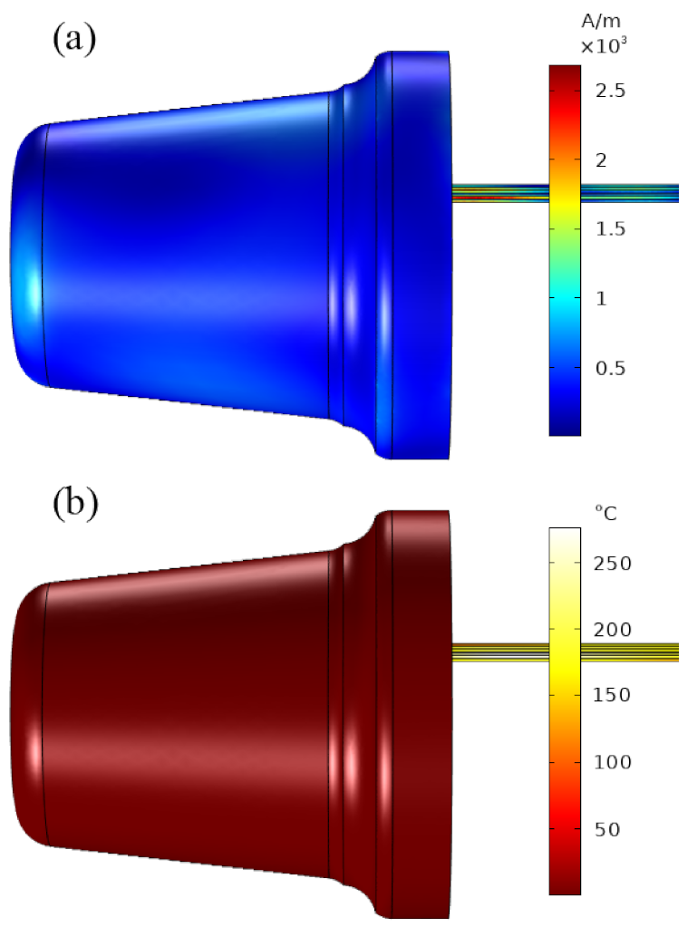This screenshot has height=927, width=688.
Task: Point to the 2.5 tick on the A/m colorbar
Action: pos(616,91)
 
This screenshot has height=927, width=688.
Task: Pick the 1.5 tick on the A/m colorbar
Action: pos(616,229)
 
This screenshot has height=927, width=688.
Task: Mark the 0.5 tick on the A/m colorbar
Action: pos(616,368)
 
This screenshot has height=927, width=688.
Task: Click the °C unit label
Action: pos(606,513)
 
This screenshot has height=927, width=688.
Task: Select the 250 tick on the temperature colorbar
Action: pos(613,563)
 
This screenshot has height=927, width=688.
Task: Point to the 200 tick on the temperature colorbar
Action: pos(613,629)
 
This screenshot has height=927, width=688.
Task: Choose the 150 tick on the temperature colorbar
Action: pos(613,695)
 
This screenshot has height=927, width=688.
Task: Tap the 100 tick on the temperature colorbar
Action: pos(613,761)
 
